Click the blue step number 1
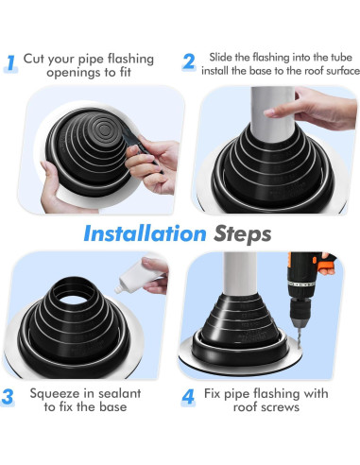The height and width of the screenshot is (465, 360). pos(11,63)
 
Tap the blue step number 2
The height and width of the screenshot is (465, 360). pos(188,61)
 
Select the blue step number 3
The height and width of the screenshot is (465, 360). pos(8,397)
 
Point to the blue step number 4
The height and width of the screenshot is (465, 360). pos(188,397)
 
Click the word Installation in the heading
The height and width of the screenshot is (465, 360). pos(145,233)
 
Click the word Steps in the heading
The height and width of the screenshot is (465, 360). pos(242,234)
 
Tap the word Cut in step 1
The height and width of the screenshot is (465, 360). pos(34,59)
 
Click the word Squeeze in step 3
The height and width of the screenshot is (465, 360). pos(55,394)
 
